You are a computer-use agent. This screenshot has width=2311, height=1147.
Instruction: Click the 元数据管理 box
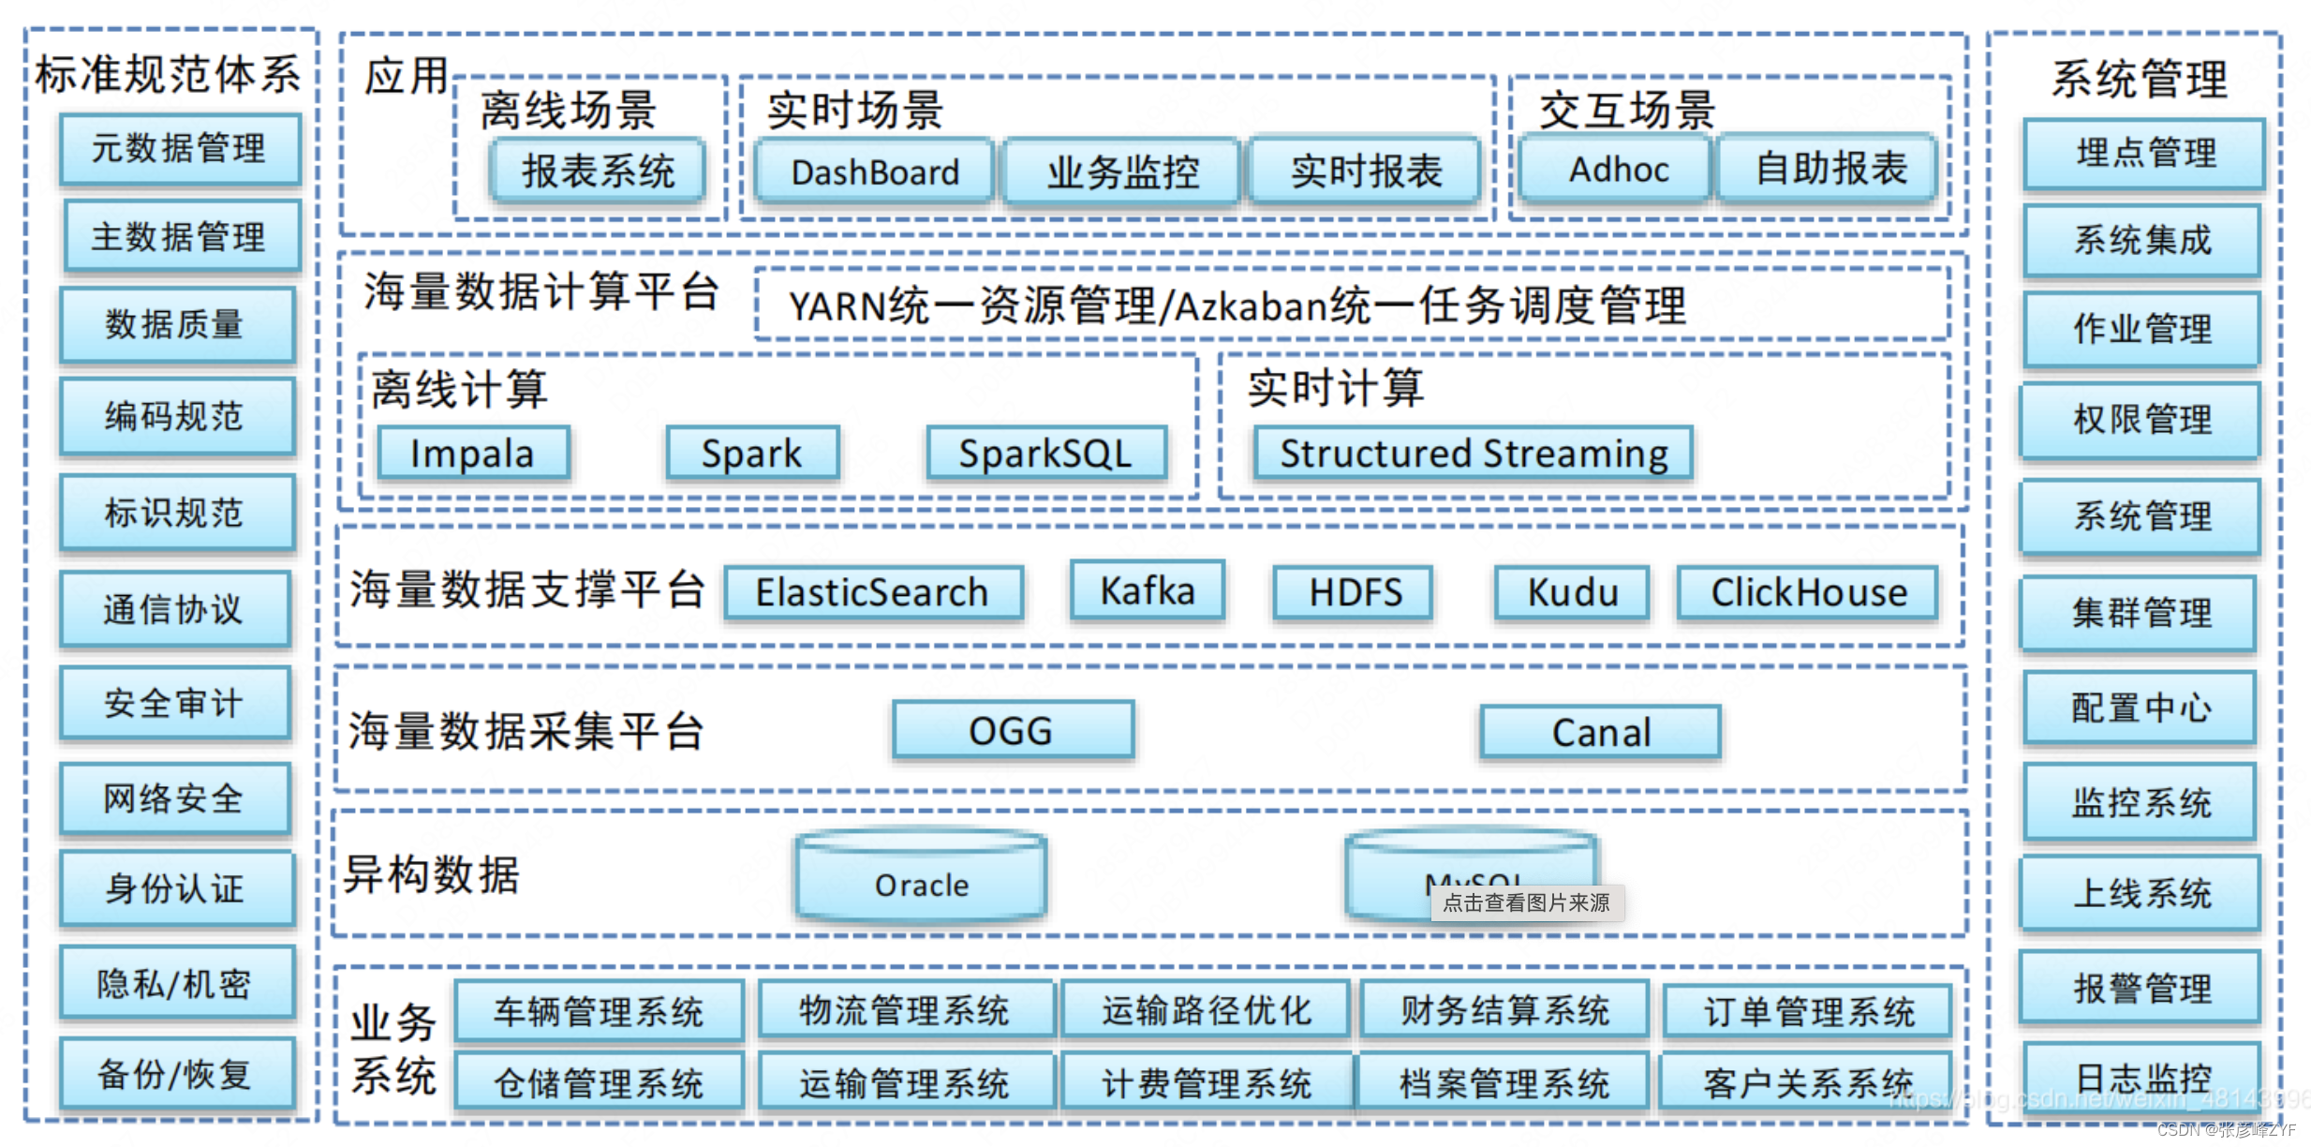[180, 149]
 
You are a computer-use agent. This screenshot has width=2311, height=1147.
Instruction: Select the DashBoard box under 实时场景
[874, 171]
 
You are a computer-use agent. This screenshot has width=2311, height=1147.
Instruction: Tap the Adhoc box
[1617, 170]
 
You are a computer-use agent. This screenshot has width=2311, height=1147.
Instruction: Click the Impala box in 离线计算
[473, 454]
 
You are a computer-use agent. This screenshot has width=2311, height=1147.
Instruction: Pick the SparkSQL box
[1045, 454]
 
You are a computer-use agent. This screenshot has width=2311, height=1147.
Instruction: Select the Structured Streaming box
[1473, 454]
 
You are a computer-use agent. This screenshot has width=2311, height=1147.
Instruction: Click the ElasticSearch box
[872, 592]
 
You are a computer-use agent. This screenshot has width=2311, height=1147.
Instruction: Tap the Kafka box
[1147, 590]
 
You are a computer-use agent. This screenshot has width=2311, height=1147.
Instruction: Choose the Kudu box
[1572, 592]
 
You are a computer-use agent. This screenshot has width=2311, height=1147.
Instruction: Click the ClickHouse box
[1808, 592]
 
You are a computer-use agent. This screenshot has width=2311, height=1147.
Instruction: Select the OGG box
[1012, 730]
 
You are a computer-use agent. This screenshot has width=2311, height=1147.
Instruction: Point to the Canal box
[1600, 732]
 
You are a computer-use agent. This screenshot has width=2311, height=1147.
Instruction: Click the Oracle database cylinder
[921, 881]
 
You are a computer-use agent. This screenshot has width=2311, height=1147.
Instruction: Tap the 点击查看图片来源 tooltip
[1526, 902]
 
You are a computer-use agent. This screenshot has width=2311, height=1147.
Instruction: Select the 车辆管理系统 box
[599, 1011]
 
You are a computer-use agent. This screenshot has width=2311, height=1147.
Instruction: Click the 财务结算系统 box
[1504, 1010]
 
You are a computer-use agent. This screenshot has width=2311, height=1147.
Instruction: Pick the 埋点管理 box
[2144, 153]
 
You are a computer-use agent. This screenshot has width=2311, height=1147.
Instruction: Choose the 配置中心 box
[2141, 708]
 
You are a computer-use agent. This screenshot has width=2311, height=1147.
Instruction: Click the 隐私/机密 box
[175, 983]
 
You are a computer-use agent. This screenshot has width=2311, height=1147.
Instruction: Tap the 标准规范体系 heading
[169, 74]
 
